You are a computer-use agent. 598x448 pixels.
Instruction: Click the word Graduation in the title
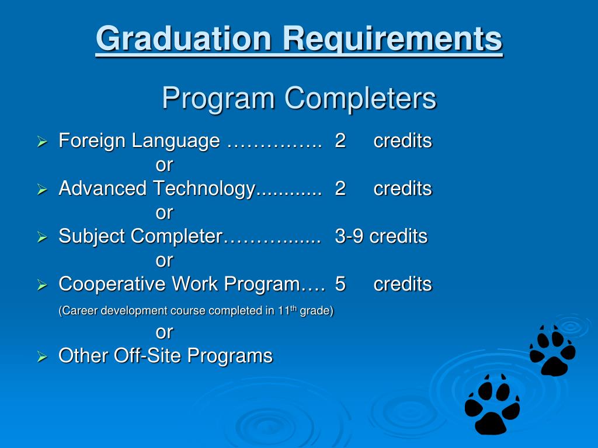(x=184, y=39)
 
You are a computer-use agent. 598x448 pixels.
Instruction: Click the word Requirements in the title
(x=393, y=39)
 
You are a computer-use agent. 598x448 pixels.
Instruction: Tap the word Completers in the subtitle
(x=360, y=98)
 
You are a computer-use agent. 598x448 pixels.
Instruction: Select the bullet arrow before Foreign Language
(x=42, y=142)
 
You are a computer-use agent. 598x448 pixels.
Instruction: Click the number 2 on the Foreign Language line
(x=340, y=141)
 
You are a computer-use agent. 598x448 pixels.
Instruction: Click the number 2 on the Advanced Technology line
(x=340, y=189)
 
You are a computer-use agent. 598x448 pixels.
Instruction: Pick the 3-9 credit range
(x=349, y=236)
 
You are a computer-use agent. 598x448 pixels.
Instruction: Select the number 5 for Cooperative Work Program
(x=340, y=284)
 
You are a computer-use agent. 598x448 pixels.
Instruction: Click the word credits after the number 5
(x=402, y=284)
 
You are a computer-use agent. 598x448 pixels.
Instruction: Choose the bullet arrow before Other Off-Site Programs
(x=42, y=356)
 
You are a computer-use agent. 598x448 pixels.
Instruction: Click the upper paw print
(x=552, y=351)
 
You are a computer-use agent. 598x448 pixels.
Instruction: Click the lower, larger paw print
(x=492, y=404)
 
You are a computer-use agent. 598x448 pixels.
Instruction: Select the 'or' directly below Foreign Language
(x=164, y=165)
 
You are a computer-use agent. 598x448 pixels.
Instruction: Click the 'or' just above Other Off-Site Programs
(x=164, y=332)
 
